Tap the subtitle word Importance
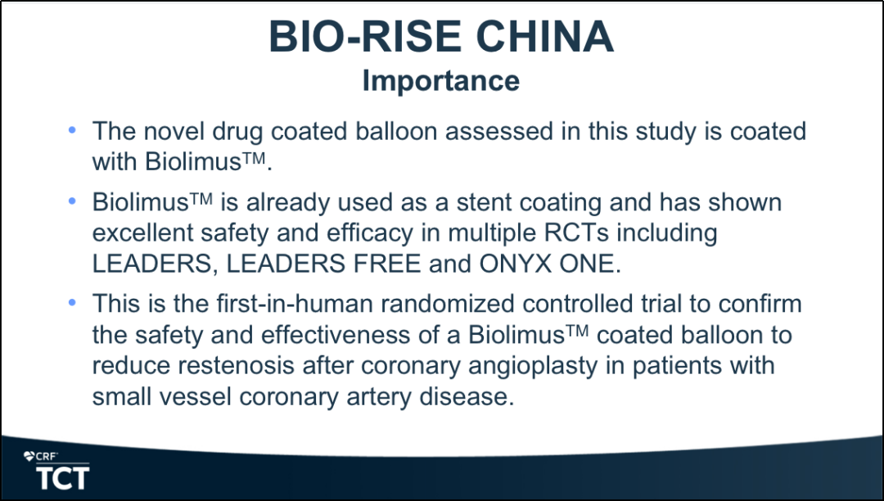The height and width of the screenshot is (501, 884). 441,80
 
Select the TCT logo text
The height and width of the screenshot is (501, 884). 62,478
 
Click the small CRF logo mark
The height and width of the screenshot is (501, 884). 41,457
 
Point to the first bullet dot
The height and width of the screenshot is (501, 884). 71,130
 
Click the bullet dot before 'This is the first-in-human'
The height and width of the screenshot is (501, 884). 71,303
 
